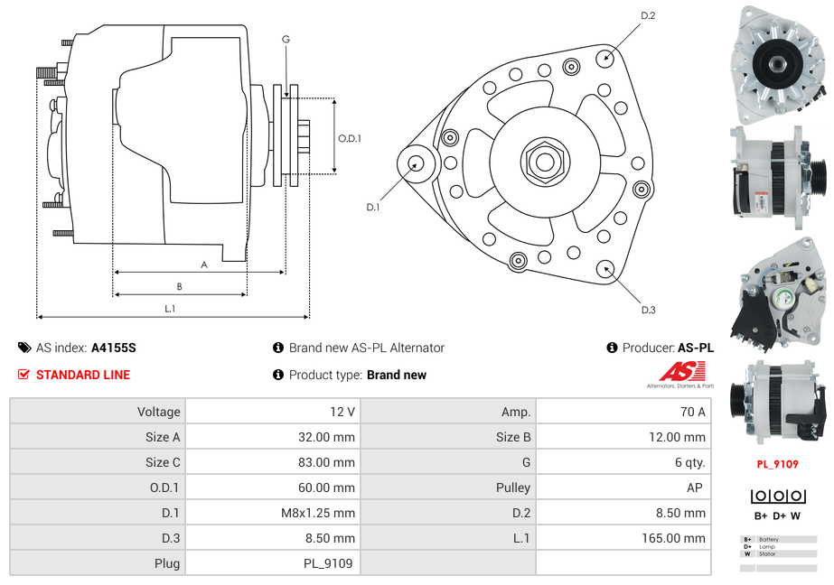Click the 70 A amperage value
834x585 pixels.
pyautogui.click(x=692, y=412)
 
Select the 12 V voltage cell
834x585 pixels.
pyautogui.click(x=342, y=412)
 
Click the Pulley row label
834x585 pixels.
pyautogui.click(x=513, y=487)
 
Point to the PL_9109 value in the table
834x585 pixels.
pyautogui.click(x=327, y=563)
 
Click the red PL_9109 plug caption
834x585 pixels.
pyautogui.click(x=777, y=464)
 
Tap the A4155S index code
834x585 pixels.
pyautogui.click(x=114, y=348)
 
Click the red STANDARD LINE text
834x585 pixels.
pyautogui.click(x=83, y=375)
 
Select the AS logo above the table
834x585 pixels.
pyautogui.click(x=679, y=373)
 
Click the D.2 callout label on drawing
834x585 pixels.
pyautogui.click(x=648, y=15)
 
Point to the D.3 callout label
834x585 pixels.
pyautogui.click(x=648, y=310)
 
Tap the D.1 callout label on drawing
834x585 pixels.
pyautogui.click(x=372, y=207)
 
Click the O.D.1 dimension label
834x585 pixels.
pyautogui.click(x=350, y=138)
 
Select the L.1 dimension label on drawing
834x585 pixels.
pyautogui.click(x=169, y=309)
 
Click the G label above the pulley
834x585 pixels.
pyautogui.click(x=286, y=39)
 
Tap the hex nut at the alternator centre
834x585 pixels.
pyautogui.click(x=544, y=162)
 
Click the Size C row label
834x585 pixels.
pyautogui.click(x=163, y=462)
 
